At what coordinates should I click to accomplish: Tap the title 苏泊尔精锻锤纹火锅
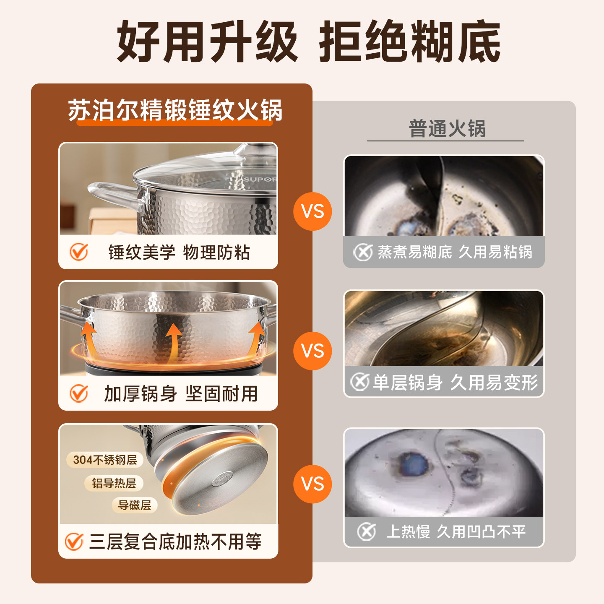click(x=175, y=110)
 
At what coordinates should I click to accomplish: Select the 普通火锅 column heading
click(x=447, y=128)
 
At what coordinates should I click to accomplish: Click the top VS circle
click(x=312, y=211)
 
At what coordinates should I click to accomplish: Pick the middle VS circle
click(x=312, y=351)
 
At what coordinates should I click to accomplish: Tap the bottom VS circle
click(x=312, y=484)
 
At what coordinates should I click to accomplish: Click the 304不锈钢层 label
click(x=105, y=460)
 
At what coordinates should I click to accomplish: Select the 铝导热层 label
click(x=114, y=483)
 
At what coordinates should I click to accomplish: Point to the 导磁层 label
click(x=134, y=505)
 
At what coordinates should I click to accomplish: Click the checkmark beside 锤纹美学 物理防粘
click(x=78, y=252)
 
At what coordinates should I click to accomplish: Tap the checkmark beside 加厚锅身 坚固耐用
click(x=78, y=393)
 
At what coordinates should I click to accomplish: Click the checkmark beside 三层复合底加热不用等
click(x=74, y=542)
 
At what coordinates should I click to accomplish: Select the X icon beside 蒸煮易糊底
click(x=363, y=252)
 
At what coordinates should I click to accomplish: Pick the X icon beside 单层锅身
click(x=359, y=382)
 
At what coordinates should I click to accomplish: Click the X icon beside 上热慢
click(x=366, y=531)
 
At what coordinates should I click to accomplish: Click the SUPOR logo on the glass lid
click(x=260, y=180)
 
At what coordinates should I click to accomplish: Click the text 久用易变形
click(x=494, y=382)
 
